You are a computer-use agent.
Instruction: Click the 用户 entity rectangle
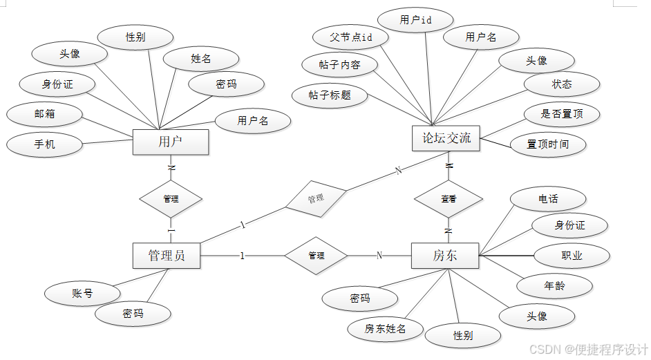tap(170, 142)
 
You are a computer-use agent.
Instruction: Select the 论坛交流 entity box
tap(446, 138)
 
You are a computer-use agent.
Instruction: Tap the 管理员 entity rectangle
tap(167, 256)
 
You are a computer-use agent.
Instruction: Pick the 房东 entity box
tap(445, 256)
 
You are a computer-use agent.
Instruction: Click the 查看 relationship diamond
tap(449, 198)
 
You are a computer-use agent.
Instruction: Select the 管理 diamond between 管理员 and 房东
tap(316, 256)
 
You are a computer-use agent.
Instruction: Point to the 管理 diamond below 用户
tap(171, 198)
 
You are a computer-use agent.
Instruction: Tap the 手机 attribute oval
tap(44, 144)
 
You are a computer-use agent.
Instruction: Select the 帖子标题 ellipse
tap(330, 95)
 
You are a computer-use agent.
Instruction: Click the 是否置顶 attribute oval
tap(560, 113)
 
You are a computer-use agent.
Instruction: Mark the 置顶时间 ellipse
tap(548, 144)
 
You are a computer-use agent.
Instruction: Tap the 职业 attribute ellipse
tap(572, 256)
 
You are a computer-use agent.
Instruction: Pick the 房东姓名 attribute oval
tap(385, 329)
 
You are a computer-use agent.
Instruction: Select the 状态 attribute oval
tap(561, 84)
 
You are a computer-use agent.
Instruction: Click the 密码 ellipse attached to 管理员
tap(133, 314)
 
